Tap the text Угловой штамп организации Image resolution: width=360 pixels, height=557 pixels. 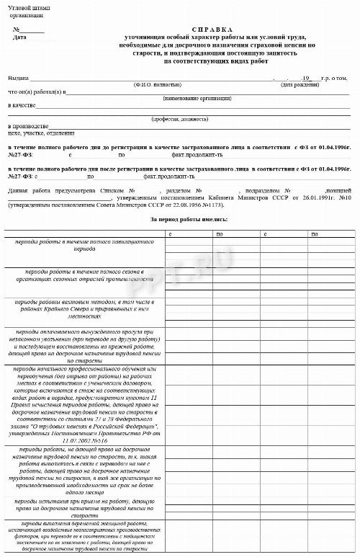coord(28,10)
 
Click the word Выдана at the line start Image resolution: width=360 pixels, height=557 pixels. coord(18,78)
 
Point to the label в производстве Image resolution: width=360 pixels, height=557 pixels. coord(28,126)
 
